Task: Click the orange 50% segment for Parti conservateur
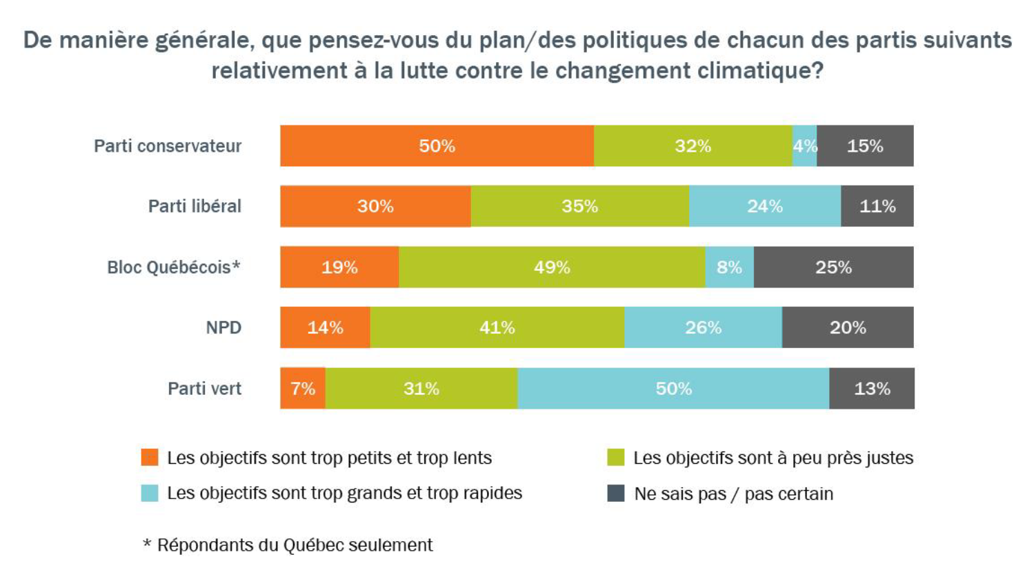(437, 146)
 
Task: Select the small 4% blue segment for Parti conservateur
(804, 146)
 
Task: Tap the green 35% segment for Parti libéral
(579, 206)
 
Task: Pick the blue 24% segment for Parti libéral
(764, 206)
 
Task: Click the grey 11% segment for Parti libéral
(877, 206)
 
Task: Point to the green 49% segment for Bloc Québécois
(552, 267)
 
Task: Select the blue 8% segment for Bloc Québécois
(729, 267)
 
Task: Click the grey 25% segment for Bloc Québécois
(833, 267)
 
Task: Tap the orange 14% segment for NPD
(325, 327)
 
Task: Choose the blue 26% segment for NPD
(703, 327)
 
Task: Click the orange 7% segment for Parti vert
(303, 388)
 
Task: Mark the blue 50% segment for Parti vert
(673, 388)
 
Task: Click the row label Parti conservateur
(168, 146)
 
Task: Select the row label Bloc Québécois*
(173, 267)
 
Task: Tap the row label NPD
(223, 327)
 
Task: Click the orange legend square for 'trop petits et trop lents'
(150, 458)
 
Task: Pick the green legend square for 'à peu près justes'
(615, 458)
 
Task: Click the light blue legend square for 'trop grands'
(150, 494)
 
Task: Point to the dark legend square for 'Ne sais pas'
(615, 494)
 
